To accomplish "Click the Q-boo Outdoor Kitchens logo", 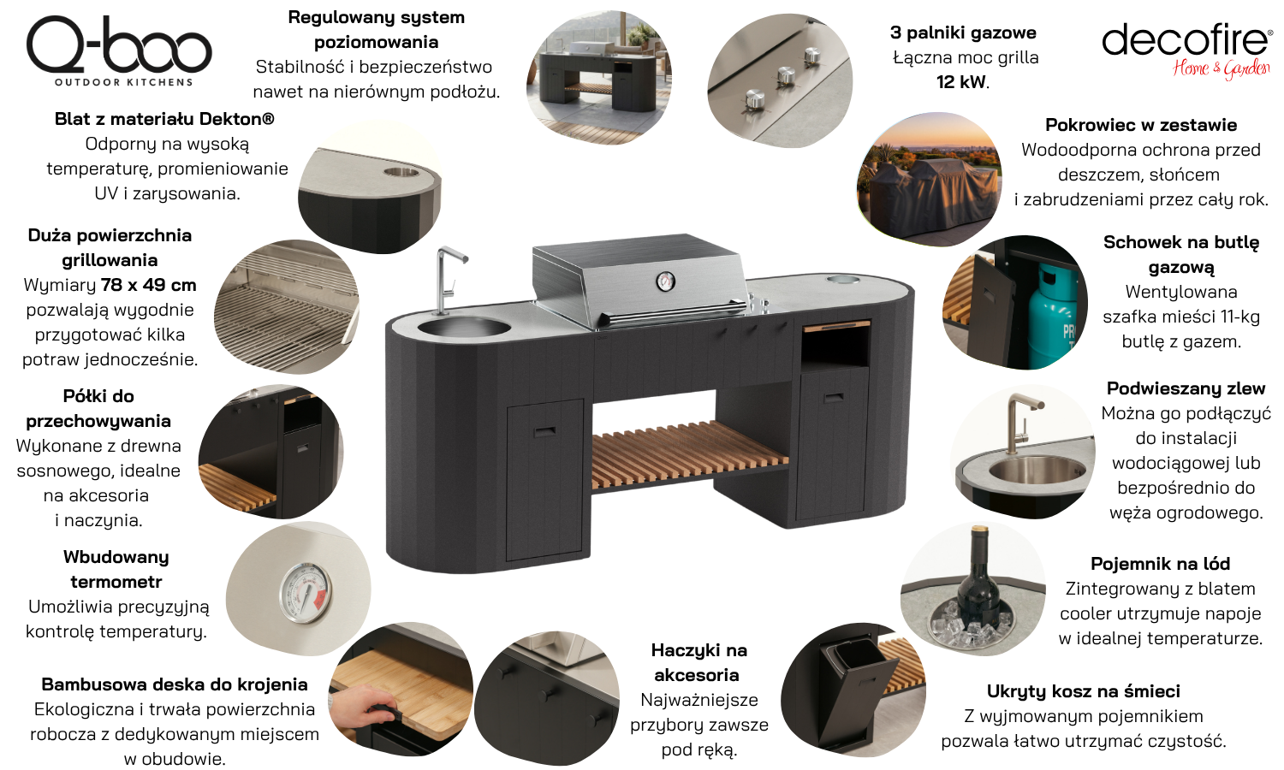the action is pos(119,51).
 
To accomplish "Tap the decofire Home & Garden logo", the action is pos(1186,50).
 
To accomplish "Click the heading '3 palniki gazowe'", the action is pos(963,33).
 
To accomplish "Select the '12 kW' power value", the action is pos(961,82).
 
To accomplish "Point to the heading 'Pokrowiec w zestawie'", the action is pos(1141,125).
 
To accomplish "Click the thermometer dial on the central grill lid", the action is pos(665,281).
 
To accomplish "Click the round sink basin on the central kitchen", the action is pos(463,327).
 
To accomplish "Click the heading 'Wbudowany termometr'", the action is pos(116,570).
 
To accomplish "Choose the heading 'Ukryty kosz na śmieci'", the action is pos(1084,691).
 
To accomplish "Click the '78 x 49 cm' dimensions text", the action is pos(148,285).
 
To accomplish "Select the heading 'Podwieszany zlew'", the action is pos(1186,388).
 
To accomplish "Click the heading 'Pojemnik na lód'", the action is pos(1160,564).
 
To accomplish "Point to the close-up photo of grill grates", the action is pos(287,306).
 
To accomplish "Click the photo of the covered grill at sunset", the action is pos(929,180).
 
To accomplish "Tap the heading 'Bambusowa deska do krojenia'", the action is pos(175,684).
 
